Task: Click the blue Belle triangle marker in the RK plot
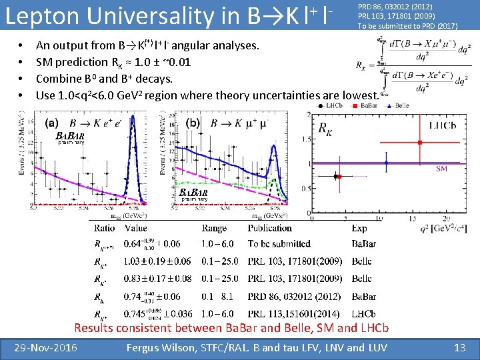[x=387, y=162]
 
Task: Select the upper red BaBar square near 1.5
[x=421, y=142]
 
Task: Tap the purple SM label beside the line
[x=441, y=169]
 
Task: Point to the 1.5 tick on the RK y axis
[x=307, y=139]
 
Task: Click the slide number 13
[x=459, y=347]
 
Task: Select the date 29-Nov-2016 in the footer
[x=47, y=347]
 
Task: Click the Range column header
[x=214, y=228]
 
